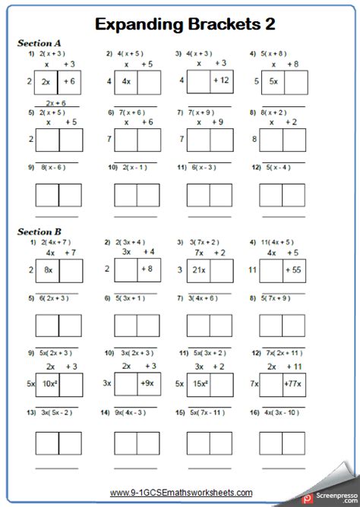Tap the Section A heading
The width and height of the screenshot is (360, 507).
pyautogui.click(x=39, y=44)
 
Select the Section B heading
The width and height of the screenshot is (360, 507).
pyautogui.click(x=39, y=231)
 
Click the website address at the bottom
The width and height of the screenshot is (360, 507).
pyautogui.click(x=179, y=493)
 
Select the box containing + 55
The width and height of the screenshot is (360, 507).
pyautogui.click(x=294, y=269)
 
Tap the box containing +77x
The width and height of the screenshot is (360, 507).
pyautogui.click(x=294, y=385)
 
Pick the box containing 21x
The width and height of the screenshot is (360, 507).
pyautogui.click(x=200, y=269)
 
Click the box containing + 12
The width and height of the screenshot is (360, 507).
pyautogui.click(x=222, y=80)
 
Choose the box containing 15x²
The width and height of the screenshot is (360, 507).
pyautogui.click(x=200, y=385)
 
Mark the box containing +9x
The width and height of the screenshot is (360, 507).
pyautogui.click(x=148, y=385)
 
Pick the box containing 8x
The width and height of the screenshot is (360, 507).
pyautogui.click(x=47, y=269)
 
